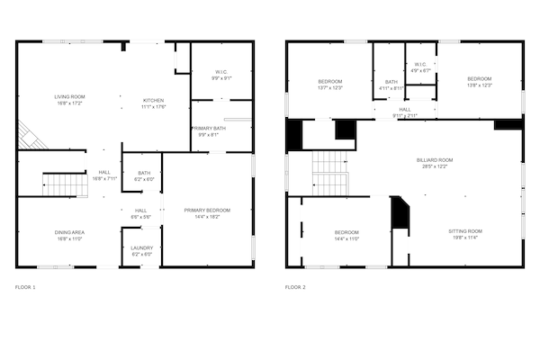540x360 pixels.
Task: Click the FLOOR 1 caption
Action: coord(25,287)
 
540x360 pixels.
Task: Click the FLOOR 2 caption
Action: coord(295,287)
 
